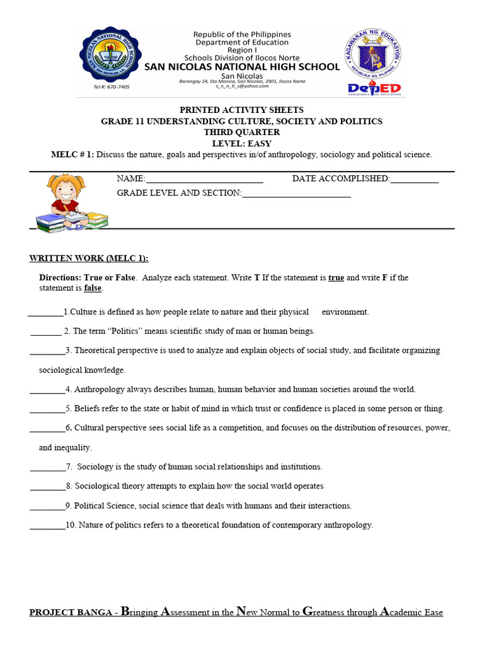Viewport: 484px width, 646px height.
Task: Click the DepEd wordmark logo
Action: point(374,89)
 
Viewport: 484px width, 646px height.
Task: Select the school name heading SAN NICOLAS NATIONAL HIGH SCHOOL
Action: point(242,67)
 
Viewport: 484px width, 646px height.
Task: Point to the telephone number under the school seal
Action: point(112,87)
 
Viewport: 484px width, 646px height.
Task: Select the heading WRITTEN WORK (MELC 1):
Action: point(89,259)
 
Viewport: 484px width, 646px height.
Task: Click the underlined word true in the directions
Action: point(336,278)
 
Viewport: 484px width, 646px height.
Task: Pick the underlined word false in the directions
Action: point(93,288)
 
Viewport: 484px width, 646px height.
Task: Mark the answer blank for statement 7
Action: point(47,467)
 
